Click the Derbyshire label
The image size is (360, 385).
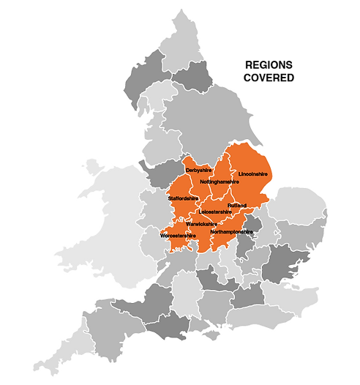pos(198,171)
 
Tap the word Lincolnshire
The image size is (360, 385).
pos(254,174)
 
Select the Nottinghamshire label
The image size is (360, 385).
pos(219,181)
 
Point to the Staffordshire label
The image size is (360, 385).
pos(183,198)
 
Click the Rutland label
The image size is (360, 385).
pos(237,206)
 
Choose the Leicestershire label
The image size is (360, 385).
pos(215,212)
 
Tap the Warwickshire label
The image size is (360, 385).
pos(201,223)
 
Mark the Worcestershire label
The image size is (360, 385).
pos(178,236)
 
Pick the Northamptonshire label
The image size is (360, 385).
pos(231,232)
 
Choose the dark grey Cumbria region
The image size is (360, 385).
pos(139,81)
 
